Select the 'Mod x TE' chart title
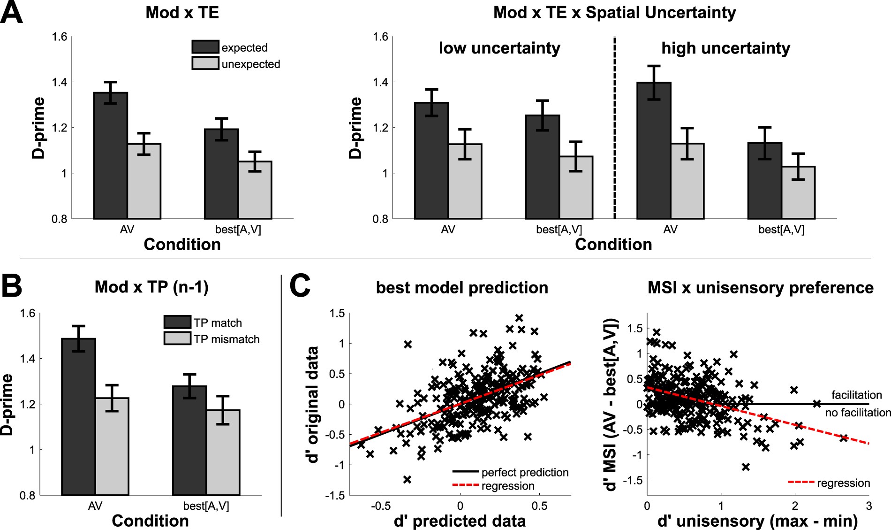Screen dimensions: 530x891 pos(182,13)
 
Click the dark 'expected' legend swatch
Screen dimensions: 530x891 pos(205,47)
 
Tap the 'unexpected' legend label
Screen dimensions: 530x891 pos(250,64)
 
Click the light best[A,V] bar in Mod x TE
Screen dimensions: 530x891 pos(255,190)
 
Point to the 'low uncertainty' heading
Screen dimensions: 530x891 pos(499,48)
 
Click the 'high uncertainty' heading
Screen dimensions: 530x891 pos(725,48)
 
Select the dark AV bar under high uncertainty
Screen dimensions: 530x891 pos(654,151)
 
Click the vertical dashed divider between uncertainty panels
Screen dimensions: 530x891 pos(615,127)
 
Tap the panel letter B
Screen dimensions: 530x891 pos(11,287)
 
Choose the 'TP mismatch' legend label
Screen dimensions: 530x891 pos(227,339)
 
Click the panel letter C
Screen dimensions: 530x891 pos(300,287)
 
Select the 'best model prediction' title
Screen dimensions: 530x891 pos(462,288)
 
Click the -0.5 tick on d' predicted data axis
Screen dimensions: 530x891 pos(380,507)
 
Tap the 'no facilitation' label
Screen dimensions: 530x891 pos(858,413)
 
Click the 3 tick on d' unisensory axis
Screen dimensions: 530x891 pos(868,507)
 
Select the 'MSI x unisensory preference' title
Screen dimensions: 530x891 pos(760,288)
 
